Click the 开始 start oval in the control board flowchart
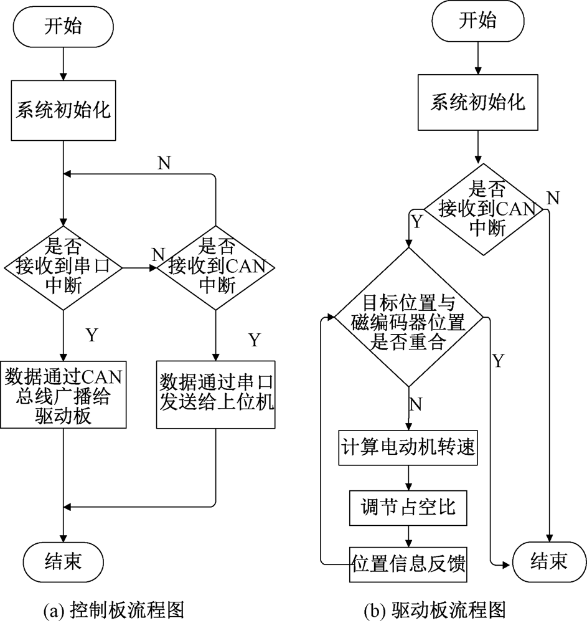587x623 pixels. (63, 27)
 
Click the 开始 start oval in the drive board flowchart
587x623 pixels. (477, 22)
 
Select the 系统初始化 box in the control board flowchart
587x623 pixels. (63, 112)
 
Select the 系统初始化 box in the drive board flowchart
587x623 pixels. (477, 102)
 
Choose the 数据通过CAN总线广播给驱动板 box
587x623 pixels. (63, 396)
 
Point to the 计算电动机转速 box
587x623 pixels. (409, 447)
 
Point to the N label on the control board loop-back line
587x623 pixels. (164, 163)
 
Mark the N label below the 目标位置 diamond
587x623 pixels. (416, 404)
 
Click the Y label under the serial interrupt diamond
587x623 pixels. (92, 336)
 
